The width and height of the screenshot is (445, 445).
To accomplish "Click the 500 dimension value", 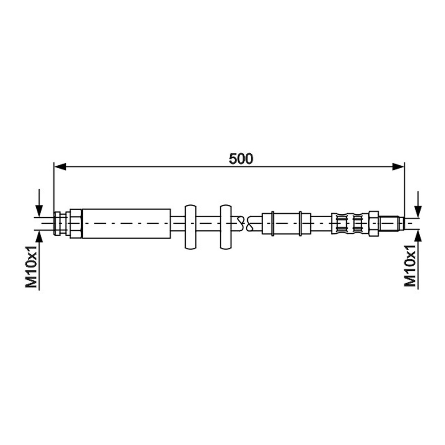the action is tap(241, 159).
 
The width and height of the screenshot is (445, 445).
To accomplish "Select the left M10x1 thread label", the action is tap(31, 267).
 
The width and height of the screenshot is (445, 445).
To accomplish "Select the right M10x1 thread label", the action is tap(410, 266).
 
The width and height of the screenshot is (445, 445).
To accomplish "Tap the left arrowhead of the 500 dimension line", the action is tap(60, 167).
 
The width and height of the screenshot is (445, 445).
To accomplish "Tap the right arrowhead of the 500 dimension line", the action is tap(398, 167).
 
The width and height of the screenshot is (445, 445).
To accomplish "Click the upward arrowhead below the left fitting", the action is tap(39, 236).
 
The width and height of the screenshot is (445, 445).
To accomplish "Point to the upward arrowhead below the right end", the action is tap(418, 236).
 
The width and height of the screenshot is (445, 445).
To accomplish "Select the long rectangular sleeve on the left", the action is tap(126, 223).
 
